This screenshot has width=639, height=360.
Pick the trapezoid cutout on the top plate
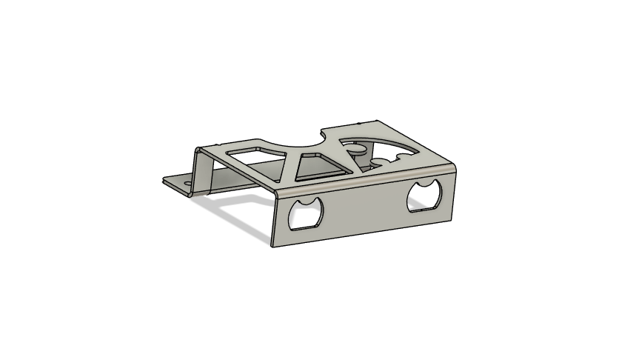[x=318, y=168]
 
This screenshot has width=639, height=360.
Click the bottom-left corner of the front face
[x=272, y=245]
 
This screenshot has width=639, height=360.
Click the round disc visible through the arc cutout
[x=357, y=150]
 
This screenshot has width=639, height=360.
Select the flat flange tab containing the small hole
[x=178, y=181]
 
